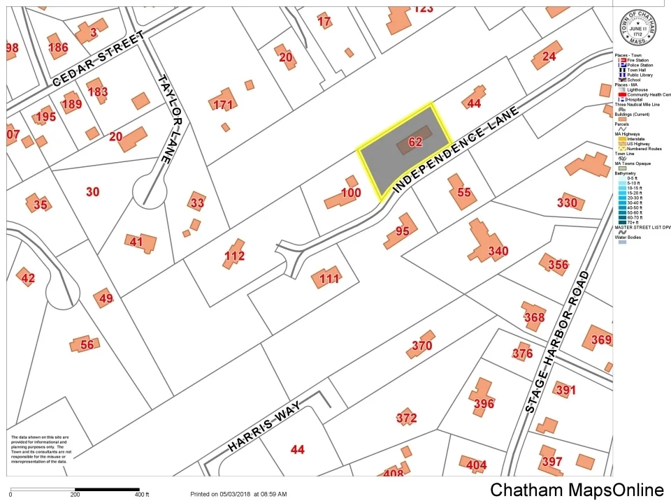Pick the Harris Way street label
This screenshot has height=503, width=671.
tap(264, 427)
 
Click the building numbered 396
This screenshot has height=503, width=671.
tap(483, 399)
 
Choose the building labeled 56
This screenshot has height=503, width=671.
tap(85, 344)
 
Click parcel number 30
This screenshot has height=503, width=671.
tap(92, 191)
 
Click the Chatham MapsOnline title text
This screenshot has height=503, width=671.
tap(577, 490)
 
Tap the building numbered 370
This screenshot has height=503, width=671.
tap(421, 345)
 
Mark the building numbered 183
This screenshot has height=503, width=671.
tap(98, 91)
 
